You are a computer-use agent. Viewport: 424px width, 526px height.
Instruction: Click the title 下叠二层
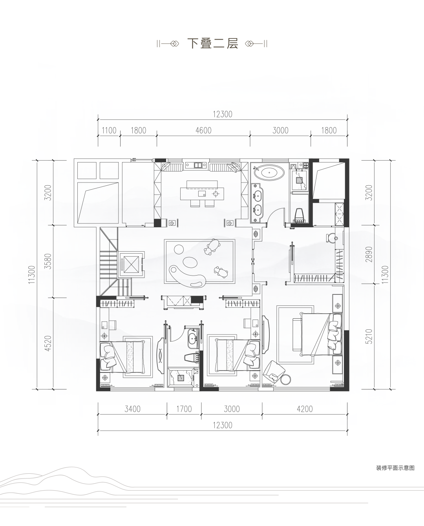tap(212, 44)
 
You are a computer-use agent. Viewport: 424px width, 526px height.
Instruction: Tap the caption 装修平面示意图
tap(395, 468)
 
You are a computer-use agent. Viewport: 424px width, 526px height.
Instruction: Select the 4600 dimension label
tap(203, 130)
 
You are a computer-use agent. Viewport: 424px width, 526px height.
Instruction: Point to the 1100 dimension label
tap(109, 130)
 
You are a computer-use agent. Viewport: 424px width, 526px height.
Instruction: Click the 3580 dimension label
tap(49, 261)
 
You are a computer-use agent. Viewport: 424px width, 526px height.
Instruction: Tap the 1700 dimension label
tap(184, 409)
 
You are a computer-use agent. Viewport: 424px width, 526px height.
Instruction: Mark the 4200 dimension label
tap(305, 409)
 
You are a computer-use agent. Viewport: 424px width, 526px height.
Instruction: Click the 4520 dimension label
tap(49, 343)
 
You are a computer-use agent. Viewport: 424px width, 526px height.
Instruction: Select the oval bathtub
tap(269, 173)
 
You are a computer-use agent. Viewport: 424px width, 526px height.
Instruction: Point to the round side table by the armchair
tap(285, 379)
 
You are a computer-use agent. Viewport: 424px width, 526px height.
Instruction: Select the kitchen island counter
tap(202, 194)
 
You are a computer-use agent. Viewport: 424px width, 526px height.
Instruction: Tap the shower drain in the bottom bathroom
tap(181, 378)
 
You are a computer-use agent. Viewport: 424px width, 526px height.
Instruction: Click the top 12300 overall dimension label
tap(222, 114)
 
